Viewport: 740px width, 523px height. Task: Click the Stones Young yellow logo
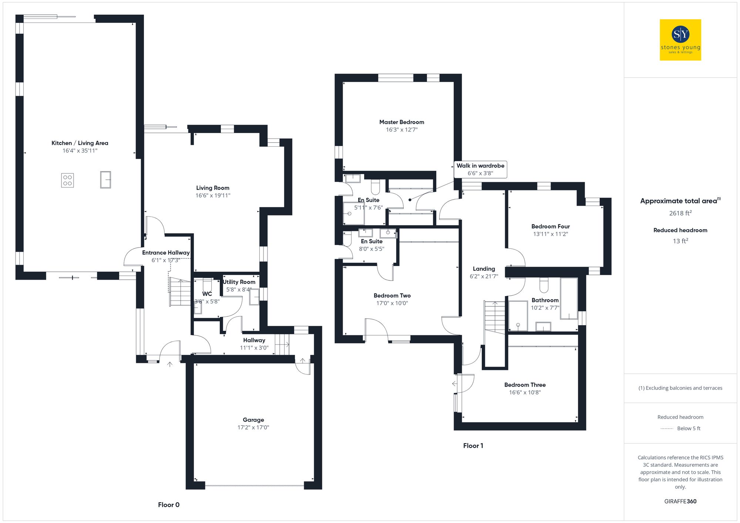680,40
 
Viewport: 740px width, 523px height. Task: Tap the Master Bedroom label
401,122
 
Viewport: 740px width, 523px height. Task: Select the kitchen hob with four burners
67,180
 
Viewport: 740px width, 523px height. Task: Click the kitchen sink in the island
105,180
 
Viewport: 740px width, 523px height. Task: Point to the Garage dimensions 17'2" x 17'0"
253,428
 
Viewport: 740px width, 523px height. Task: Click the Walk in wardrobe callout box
480,169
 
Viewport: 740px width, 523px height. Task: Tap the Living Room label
213,188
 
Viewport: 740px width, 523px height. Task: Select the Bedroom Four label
550,226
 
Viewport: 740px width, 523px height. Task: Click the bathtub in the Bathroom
569,299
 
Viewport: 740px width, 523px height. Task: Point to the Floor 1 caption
473,446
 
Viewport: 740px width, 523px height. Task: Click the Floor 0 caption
168,505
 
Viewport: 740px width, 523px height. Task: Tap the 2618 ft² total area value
680,213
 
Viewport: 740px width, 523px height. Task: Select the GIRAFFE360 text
680,502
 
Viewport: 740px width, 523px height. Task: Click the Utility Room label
239,282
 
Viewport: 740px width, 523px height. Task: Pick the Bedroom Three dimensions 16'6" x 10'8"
525,393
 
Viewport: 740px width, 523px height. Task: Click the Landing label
484,269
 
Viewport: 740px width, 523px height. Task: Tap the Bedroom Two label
392,296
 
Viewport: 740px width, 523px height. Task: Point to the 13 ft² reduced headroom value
680,241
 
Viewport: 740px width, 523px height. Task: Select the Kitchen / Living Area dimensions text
80,151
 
